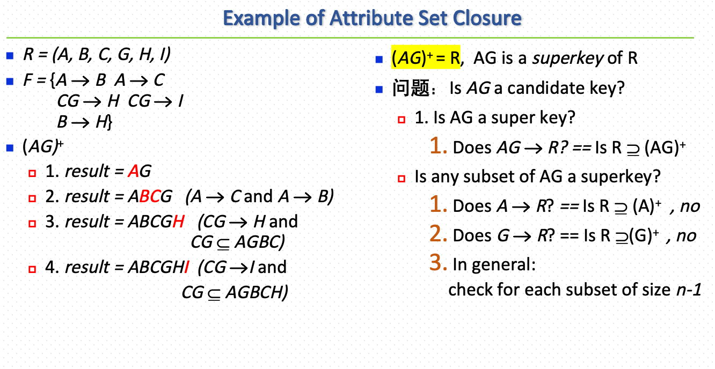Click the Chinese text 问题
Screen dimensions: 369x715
point(410,88)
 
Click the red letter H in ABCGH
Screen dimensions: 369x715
point(179,222)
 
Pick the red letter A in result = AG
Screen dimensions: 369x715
point(134,172)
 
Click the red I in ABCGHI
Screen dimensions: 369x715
point(186,267)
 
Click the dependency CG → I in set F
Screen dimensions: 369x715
point(156,101)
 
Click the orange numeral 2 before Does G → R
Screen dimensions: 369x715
point(438,235)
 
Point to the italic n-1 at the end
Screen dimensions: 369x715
point(689,290)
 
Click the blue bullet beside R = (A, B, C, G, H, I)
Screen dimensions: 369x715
point(10,55)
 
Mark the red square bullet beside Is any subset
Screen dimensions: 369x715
point(401,178)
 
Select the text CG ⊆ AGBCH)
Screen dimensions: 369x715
point(235,293)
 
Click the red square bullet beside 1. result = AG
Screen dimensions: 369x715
point(32,173)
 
